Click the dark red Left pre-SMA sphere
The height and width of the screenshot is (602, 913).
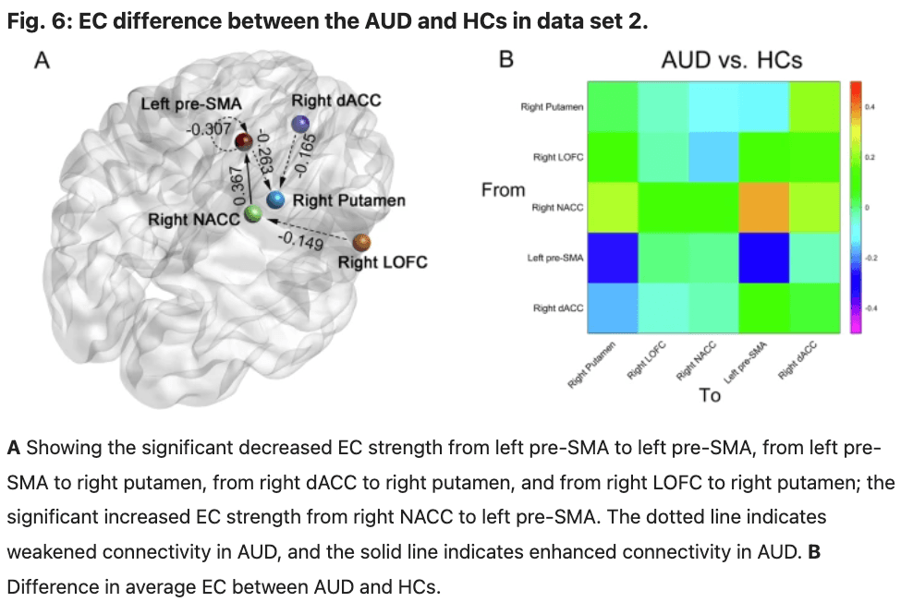[244, 140]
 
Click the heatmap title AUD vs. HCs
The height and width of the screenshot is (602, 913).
[731, 61]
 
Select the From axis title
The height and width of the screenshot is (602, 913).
[503, 190]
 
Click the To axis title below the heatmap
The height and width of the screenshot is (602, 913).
[710, 395]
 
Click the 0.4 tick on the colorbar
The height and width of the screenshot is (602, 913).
[870, 108]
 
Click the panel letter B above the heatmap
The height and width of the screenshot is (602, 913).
[505, 61]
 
